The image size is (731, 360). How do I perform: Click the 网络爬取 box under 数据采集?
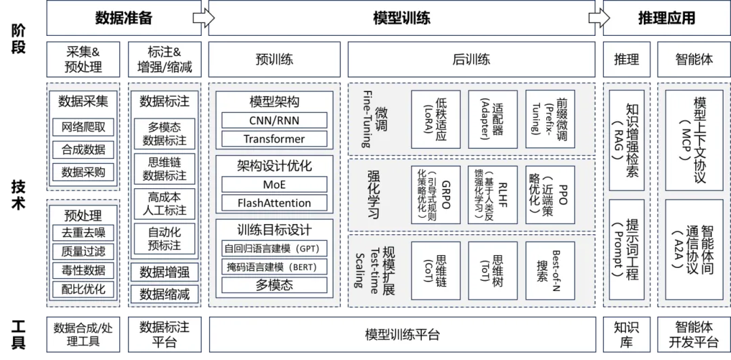[x=83, y=127]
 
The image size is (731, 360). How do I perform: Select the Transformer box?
[x=274, y=139]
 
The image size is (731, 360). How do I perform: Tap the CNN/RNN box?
[x=274, y=120]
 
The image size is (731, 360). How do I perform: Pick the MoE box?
[x=274, y=184]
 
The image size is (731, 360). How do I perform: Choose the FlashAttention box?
[x=274, y=203]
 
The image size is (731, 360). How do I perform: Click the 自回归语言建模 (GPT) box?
[x=274, y=248]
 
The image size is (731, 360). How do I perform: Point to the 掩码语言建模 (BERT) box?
[x=274, y=267]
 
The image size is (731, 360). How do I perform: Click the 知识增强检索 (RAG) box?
[x=626, y=139]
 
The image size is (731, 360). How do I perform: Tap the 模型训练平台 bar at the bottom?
[x=402, y=335]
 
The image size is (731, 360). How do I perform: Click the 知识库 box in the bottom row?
[x=626, y=335]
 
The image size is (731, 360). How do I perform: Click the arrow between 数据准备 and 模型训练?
[x=204, y=18]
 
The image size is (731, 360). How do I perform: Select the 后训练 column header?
[x=471, y=60]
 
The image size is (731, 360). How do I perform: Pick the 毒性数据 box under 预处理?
[x=83, y=271]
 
